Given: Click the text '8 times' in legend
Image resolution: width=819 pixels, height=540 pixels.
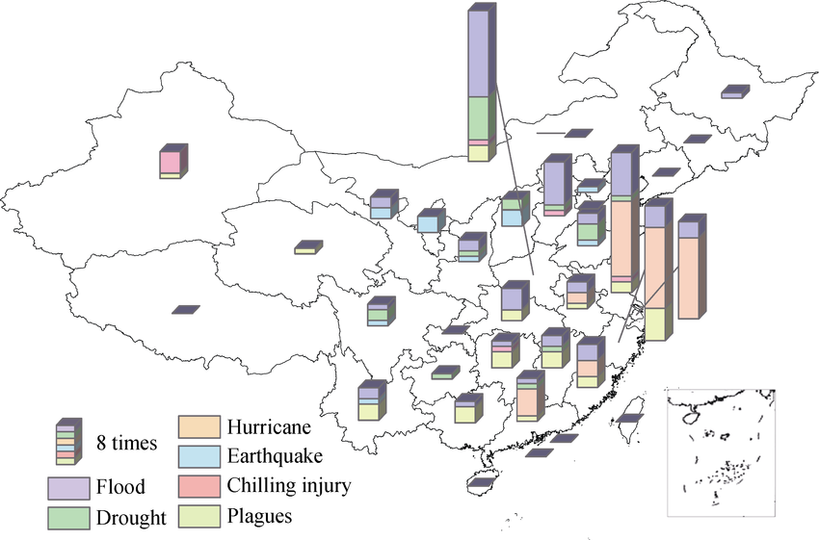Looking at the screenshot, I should click(128, 444).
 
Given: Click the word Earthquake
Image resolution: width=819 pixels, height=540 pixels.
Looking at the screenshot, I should click(276, 455).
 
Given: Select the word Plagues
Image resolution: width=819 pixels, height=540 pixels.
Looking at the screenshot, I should click(259, 516).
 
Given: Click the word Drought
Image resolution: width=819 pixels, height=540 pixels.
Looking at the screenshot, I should click(131, 519).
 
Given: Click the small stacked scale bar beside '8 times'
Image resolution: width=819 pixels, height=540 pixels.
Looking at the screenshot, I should click(66, 444).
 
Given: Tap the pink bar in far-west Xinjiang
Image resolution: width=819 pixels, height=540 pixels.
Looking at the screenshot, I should click(171, 161).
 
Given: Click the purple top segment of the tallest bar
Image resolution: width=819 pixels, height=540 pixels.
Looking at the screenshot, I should click(479, 53).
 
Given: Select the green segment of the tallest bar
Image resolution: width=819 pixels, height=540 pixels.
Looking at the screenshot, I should click(479, 117).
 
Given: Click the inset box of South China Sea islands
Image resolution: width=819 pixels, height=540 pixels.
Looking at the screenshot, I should click(721, 453).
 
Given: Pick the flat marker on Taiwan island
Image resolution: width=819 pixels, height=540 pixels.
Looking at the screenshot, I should click(629, 419).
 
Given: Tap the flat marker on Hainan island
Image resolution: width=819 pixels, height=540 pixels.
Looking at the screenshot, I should click(482, 479).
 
